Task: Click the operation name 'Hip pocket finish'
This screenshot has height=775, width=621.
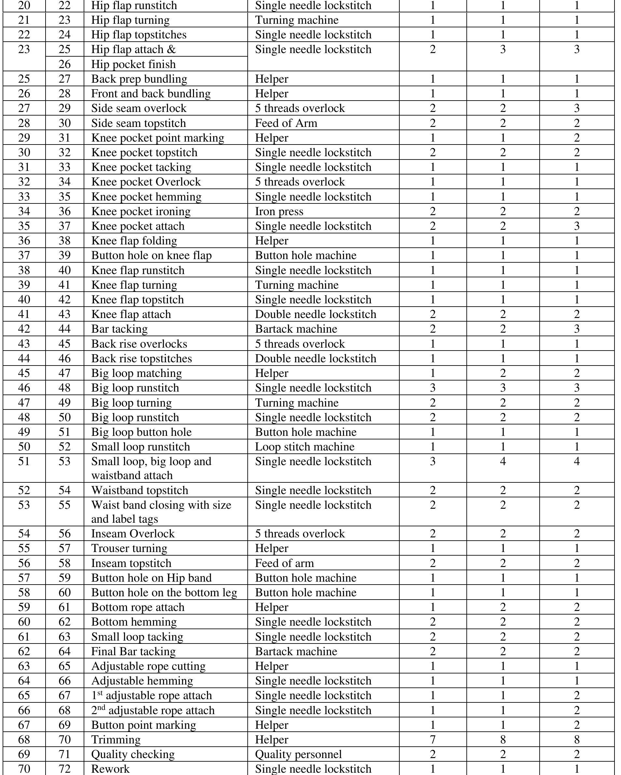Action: point(133,64)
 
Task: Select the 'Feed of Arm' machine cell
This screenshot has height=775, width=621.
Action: point(286,123)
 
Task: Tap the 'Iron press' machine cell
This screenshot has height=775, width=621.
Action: point(279,211)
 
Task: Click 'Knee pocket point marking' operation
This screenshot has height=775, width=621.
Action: point(158,138)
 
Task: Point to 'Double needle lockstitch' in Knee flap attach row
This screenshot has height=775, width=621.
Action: point(315,314)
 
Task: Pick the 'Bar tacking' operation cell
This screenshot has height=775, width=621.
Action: point(119,329)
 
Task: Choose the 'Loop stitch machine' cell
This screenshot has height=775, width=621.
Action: point(305,447)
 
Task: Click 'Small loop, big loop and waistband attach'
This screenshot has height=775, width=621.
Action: point(151,468)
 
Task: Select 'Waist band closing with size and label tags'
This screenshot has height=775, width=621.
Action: point(161,512)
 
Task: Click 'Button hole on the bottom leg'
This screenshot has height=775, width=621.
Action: point(164,592)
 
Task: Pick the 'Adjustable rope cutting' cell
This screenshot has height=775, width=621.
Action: point(148,666)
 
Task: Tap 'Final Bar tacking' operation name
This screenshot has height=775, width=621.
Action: point(133,651)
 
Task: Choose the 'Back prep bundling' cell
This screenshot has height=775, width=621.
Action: point(139,79)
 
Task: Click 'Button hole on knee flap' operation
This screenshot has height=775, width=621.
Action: point(151,255)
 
